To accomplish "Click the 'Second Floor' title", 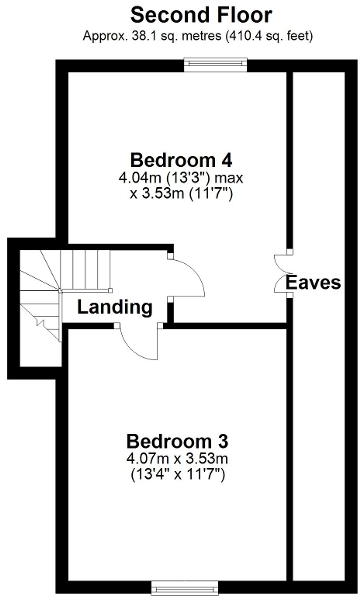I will coord(180,15).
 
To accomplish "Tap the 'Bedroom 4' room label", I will coord(180,160).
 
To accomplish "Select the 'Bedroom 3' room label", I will coord(178,440).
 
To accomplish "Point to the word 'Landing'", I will coord(115,307).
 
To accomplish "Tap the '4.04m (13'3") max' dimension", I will coord(180,179).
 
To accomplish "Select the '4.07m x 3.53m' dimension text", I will coord(178,459).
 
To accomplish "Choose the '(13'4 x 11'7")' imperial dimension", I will coord(178,474).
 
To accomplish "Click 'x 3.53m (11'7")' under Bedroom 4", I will coord(180,194).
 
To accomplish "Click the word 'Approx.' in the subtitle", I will coord(105,36).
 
